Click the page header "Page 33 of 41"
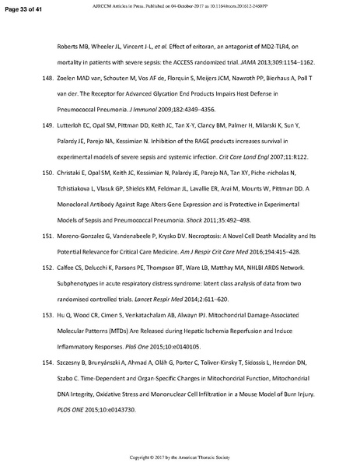(24, 7)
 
